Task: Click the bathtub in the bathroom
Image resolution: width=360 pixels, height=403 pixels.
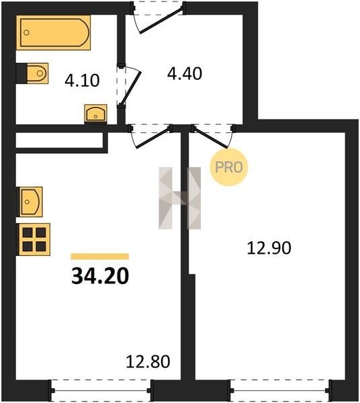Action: tap(54, 32)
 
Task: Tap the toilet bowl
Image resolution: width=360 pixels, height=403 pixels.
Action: tap(38, 73)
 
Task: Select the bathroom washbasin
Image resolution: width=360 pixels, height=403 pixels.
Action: tap(95, 114)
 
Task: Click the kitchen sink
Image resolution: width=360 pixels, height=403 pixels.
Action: tap(30, 201)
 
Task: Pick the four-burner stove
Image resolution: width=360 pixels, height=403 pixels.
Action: tap(34, 239)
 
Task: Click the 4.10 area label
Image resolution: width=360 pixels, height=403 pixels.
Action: tap(82, 81)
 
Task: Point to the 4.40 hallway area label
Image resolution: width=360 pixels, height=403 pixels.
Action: tap(185, 73)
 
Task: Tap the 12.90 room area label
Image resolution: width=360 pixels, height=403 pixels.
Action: tap(269, 249)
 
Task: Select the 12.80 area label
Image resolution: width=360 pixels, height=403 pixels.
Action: tap(148, 361)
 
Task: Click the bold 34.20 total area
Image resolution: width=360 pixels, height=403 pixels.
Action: tap(100, 276)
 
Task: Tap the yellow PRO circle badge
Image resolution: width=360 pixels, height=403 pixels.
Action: tap(228, 167)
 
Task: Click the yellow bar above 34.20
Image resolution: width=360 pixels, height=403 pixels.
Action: tap(100, 257)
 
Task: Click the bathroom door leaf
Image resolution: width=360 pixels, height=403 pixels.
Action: tap(131, 88)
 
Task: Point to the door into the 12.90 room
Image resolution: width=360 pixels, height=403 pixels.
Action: tap(210, 137)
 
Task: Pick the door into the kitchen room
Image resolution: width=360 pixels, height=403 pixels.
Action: tap(154, 138)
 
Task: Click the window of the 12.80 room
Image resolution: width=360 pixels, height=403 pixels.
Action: tap(101, 391)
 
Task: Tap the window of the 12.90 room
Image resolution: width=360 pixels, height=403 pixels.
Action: tap(279, 391)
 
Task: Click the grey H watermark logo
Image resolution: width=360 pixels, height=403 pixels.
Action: tap(179, 198)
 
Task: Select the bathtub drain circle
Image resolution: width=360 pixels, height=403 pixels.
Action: tap(26, 33)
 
